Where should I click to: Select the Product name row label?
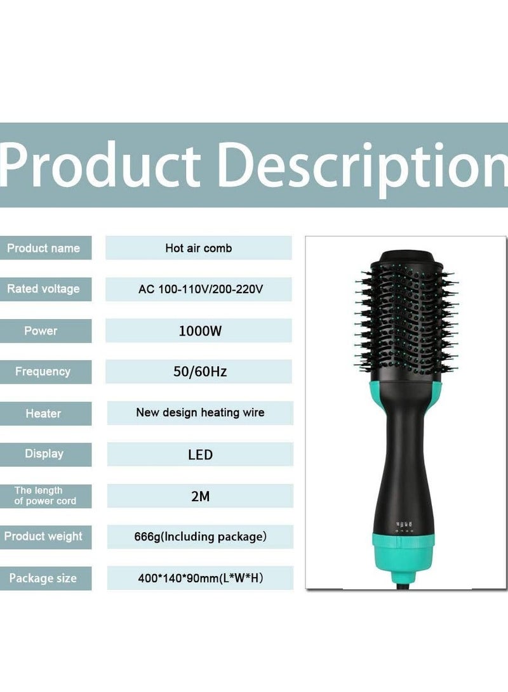click(43, 248)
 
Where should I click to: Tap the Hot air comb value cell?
click(198, 248)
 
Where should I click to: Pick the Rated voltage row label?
click(43, 289)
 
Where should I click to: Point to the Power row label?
click(41, 330)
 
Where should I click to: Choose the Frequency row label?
click(43, 372)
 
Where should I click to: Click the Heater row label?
click(43, 414)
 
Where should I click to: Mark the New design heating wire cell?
click(200, 413)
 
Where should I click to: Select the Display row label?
click(44, 454)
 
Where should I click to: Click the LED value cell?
click(200, 455)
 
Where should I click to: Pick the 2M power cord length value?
click(200, 496)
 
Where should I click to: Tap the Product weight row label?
click(43, 537)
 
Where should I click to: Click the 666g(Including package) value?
click(200, 537)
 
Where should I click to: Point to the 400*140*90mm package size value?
click(200, 578)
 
